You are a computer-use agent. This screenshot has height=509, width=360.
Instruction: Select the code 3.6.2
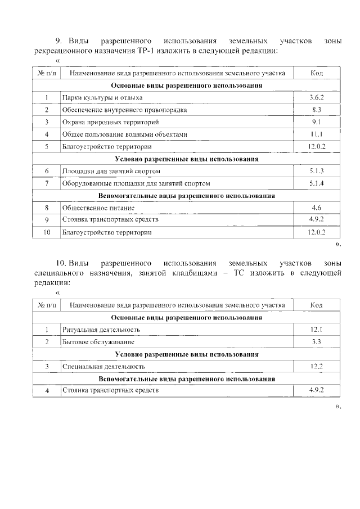pos(316,97)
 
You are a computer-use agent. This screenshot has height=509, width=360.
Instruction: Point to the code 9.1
pos(316,122)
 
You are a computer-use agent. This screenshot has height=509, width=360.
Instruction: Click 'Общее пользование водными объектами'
pos(124,134)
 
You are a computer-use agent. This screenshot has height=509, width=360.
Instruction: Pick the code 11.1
pos(316,134)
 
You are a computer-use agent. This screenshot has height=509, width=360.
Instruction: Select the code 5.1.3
pos(316,171)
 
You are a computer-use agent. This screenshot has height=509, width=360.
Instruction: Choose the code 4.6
pos(316,208)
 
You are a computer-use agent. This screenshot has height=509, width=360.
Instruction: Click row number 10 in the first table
pos(47,232)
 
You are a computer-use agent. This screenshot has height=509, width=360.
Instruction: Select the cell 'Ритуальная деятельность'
pos(101,330)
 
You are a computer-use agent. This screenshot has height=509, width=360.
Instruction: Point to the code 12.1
pos(316,330)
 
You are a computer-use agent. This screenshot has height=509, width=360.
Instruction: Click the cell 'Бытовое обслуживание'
pos(98,342)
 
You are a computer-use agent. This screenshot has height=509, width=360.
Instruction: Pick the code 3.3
pos(316,342)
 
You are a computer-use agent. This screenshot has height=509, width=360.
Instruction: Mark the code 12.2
pos(316,366)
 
